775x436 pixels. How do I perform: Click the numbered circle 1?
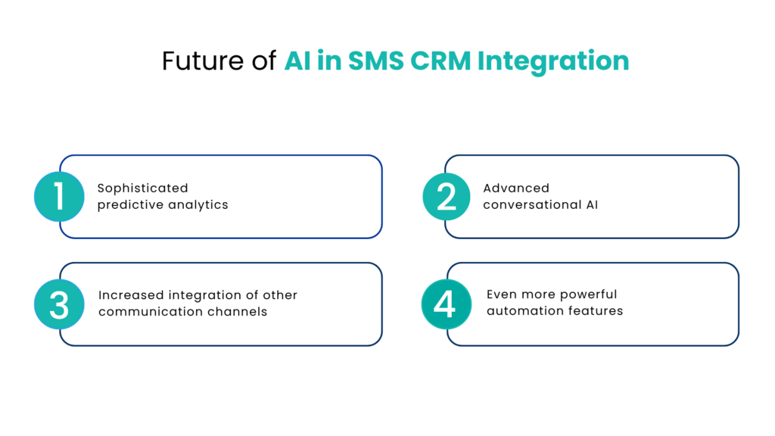59,197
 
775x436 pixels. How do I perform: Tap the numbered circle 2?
447,197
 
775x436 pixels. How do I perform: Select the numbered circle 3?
59,304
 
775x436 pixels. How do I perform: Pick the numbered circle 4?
446,304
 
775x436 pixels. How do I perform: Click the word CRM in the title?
442,61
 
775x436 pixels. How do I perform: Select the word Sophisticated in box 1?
142,188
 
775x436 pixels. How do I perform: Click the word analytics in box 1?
200,205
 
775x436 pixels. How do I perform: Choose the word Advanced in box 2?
516,188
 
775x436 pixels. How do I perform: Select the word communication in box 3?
144,312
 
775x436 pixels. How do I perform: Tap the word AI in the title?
297,61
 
